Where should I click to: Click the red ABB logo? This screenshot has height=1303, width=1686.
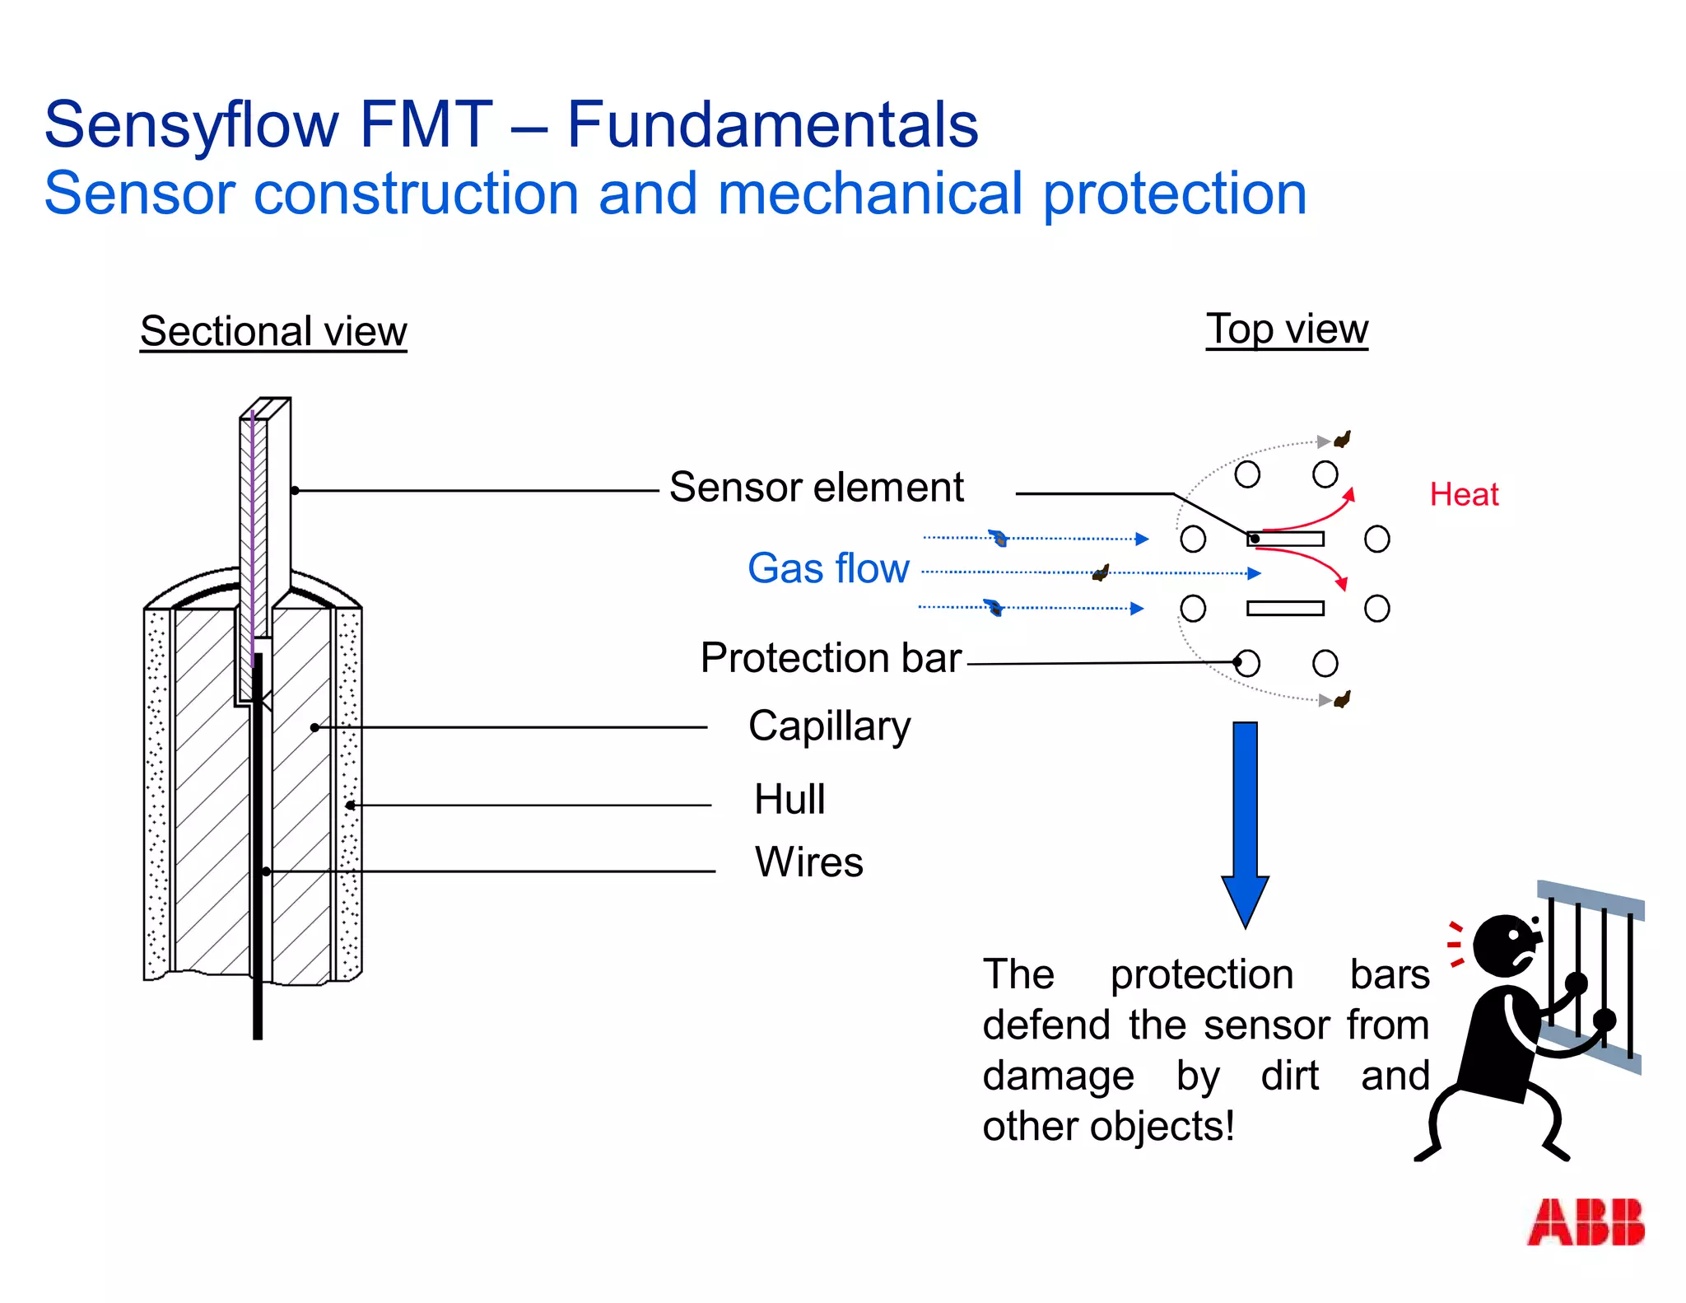tap(1585, 1221)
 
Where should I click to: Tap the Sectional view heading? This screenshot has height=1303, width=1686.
tap(273, 331)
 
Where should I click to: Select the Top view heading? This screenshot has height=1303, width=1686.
tap(1287, 329)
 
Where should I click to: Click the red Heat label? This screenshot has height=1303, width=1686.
tap(1464, 494)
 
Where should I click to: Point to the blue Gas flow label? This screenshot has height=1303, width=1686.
tap(828, 568)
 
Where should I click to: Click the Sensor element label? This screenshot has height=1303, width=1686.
tap(816, 487)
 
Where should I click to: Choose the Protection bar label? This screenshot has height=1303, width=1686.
tap(831, 657)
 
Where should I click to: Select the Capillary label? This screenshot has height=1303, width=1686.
tap(829, 726)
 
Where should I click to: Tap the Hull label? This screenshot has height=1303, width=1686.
tap(789, 799)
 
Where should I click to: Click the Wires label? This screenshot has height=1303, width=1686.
tap(809, 862)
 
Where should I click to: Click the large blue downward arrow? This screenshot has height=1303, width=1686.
tap(1245, 824)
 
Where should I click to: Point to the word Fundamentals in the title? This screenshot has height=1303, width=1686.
tap(772, 125)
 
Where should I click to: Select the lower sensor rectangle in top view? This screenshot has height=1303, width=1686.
tap(1285, 609)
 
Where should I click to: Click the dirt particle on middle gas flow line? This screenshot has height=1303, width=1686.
tap(1101, 572)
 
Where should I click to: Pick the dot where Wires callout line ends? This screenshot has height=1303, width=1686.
tap(266, 871)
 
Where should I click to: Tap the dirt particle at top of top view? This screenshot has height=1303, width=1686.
tap(1343, 439)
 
